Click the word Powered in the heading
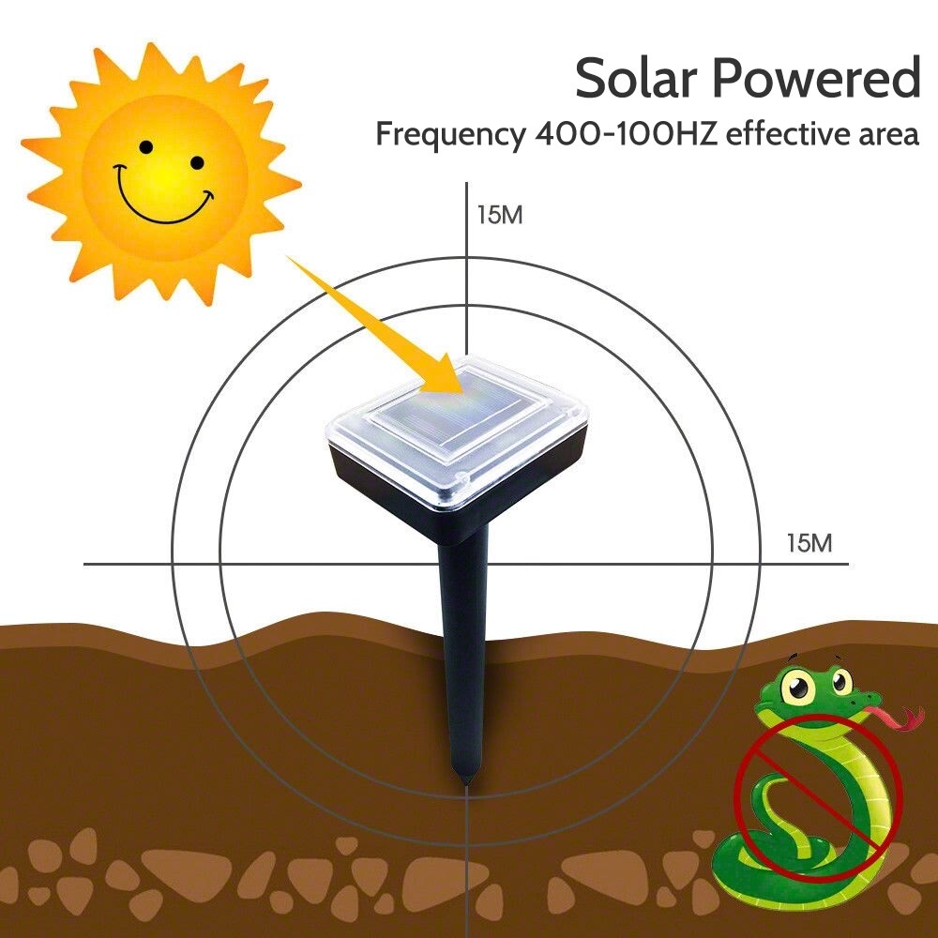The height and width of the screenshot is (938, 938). [x=817, y=78]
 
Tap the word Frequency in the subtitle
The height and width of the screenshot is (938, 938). [x=449, y=135]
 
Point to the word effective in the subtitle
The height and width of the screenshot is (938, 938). [x=788, y=133]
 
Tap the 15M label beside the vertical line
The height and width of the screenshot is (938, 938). [x=500, y=216]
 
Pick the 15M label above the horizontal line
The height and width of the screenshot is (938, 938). [x=809, y=543]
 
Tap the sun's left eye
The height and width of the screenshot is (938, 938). [x=146, y=146]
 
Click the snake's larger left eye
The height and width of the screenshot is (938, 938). [x=798, y=687]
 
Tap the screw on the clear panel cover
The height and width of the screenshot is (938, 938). [x=461, y=477]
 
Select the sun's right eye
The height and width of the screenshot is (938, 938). [x=197, y=162]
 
